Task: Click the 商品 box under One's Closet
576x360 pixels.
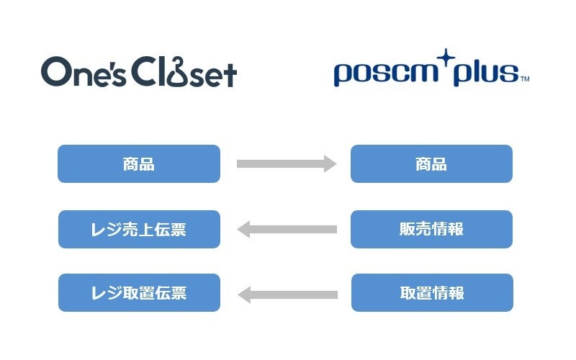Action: tap(139, 164)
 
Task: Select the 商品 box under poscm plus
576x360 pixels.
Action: tap(431, 164)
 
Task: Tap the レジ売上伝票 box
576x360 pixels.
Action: tap(139, 230)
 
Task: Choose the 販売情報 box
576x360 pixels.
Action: tap(431, 230)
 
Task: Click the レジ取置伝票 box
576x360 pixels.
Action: tap(139, 293)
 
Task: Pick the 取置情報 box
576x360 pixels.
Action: tap(432, 293)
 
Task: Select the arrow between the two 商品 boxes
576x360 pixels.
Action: tap(286, 164)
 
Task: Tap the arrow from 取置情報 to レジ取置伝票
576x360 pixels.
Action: tap(287, 294)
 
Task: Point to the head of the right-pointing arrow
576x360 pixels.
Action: tap(330, 164)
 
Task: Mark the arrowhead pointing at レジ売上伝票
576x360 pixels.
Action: tap(243, 230)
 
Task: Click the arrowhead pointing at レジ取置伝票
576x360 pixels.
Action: tap(245, 294)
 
